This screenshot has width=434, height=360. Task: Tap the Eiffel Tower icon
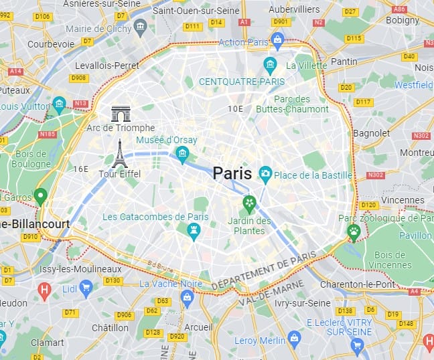coord(119,153)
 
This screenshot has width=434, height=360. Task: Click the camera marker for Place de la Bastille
coord(265,175)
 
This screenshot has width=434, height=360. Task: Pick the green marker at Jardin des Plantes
coord(250,203)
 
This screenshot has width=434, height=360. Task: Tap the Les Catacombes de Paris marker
coord(194,231)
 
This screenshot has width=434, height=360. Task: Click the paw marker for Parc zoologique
coord(354,232)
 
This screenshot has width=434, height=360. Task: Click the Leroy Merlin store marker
coord(293,337)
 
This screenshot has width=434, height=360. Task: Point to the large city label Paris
coord(232,173)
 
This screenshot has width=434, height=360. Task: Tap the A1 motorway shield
coord(244,22)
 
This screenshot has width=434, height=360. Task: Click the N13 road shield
coord(81,103)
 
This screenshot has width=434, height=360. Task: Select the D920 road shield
coord(178,336)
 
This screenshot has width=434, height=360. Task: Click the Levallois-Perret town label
coord(108,66)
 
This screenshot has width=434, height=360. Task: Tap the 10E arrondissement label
coord(235,108)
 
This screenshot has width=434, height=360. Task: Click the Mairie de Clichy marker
coord(141,26)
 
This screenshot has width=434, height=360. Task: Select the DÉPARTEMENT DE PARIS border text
coord(263,271)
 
